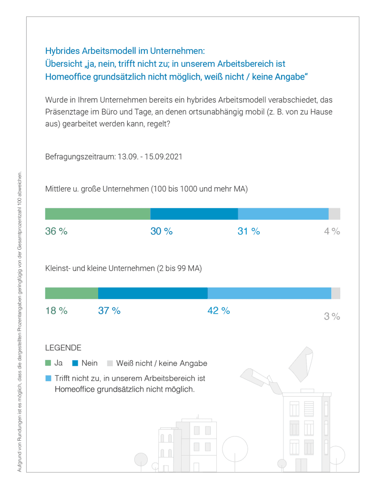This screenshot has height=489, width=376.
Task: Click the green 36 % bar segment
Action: (98, 214)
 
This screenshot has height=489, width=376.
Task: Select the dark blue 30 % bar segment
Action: (194, 214)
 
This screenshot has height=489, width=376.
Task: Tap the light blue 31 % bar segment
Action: (283, 214)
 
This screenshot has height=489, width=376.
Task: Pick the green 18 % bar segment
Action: (71, 293)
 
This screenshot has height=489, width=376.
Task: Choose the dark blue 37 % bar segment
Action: (152, 293)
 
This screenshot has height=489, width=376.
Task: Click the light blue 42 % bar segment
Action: (269, 293)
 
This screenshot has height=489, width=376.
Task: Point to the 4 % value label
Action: (332, 231)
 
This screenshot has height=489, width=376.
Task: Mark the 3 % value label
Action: (332, 316)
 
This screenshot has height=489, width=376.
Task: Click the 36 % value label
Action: (56, 231)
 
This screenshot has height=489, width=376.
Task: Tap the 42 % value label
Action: (219, 310)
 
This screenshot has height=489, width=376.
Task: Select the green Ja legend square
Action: (48, 362)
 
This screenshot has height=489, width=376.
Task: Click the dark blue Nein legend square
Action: (75, 362)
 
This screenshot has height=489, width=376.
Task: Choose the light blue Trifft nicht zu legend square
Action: (48, 378)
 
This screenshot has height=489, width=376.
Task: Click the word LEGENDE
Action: (63, 348)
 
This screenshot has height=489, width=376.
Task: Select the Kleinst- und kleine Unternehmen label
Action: (123, 268)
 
